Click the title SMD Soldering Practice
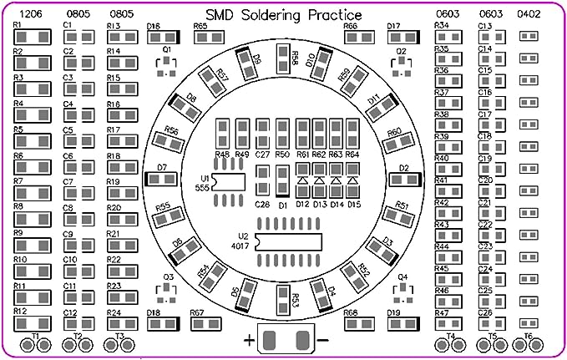(284, 15)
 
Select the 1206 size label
(31, 14)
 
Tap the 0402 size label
(528, 14)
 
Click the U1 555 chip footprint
(229, 183)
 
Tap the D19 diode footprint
(404, 324)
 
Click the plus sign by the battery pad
(249, 341)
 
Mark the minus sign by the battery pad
(322, 341)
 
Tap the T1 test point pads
(36, 343)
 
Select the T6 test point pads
(528, 343)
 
